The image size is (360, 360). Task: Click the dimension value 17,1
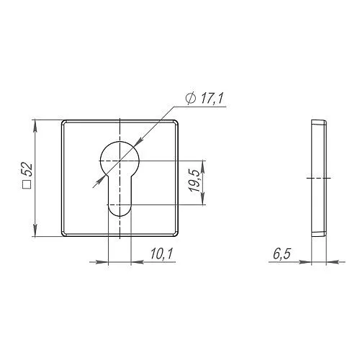pos(212,99)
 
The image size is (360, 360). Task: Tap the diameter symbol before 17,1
pos(191,99)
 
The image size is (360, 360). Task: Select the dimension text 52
pos(27,170)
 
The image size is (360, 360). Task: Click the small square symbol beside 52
pos(27,185)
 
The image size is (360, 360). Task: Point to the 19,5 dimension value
pos(194,180)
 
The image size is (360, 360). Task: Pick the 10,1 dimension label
pos(162,253)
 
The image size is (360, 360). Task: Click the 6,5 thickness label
pos(282,254)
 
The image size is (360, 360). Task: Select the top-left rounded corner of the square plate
pos(63,122)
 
